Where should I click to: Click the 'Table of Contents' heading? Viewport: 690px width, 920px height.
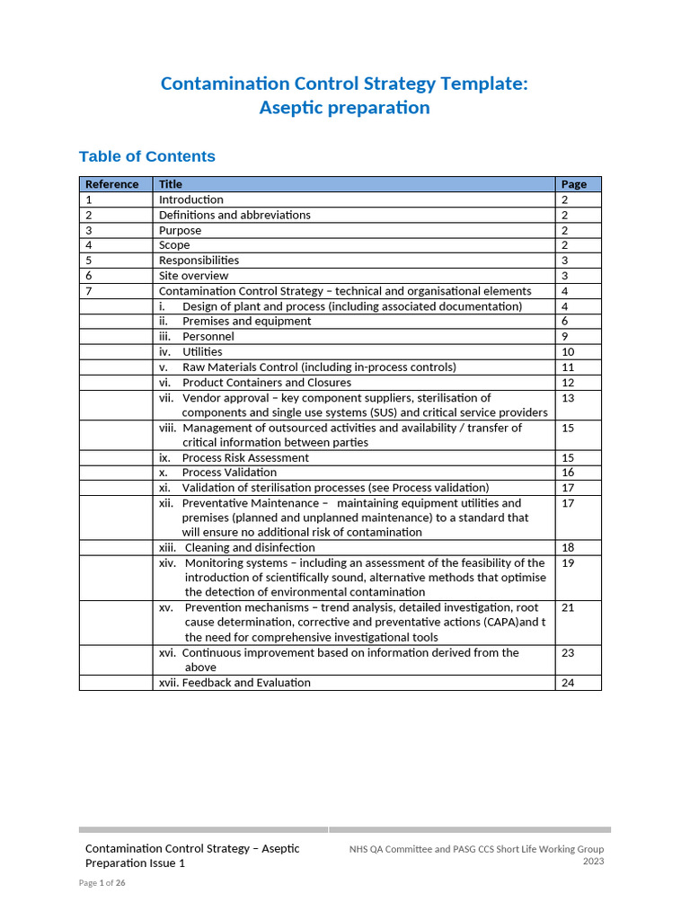147,156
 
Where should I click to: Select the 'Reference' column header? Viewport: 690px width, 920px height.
112,184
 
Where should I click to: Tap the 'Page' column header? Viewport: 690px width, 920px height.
573,184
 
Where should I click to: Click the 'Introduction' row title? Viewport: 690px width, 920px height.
191,199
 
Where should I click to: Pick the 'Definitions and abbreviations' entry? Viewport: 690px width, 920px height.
234,215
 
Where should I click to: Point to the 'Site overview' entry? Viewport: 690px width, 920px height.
193,276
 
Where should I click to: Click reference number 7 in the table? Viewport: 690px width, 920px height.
89,291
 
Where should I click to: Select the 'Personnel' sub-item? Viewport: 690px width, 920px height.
208,336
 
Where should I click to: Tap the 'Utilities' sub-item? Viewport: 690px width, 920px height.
202,351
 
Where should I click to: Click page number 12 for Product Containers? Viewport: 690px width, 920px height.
568,383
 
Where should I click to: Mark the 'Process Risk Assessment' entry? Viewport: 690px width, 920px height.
245,457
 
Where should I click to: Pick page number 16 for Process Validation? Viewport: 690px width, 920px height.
568,473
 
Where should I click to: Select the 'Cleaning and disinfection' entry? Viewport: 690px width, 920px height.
250,547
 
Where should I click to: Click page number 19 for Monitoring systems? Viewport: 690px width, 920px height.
568,563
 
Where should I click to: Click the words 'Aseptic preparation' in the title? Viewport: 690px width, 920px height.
345,108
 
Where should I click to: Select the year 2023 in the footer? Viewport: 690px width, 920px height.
593,861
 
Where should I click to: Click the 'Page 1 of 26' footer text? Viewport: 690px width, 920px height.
102,883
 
